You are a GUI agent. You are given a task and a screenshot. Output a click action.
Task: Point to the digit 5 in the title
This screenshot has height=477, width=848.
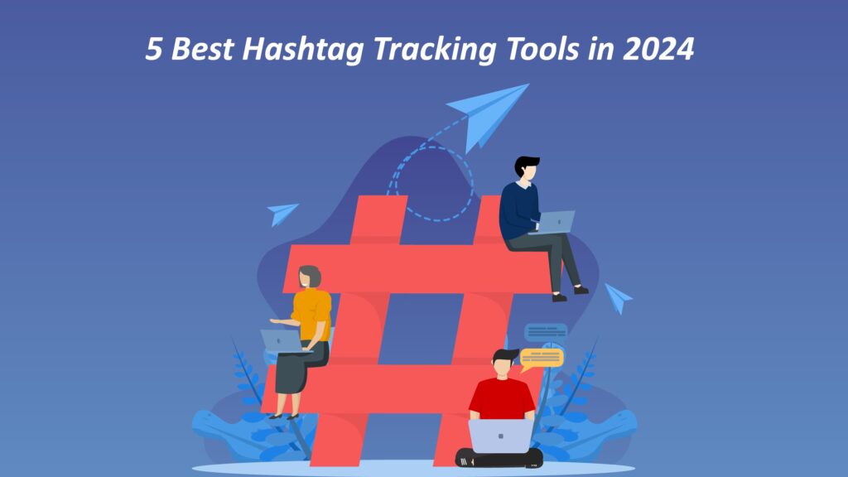[x=153, y=50]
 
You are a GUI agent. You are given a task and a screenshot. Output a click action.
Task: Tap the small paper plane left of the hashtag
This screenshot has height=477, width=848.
[x=283, y=213]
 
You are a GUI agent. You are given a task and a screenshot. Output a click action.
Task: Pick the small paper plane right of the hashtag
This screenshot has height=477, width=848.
[x=618, y=296]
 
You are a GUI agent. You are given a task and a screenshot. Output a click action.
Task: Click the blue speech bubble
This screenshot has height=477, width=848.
[x=546, y=332]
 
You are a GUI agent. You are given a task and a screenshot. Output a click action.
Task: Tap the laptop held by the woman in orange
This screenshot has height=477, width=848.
[x=280, y=340]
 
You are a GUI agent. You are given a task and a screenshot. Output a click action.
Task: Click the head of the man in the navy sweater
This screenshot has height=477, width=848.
[x=526, y=169]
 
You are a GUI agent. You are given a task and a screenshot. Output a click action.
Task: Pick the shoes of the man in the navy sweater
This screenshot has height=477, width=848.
[x=570, y=292]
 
